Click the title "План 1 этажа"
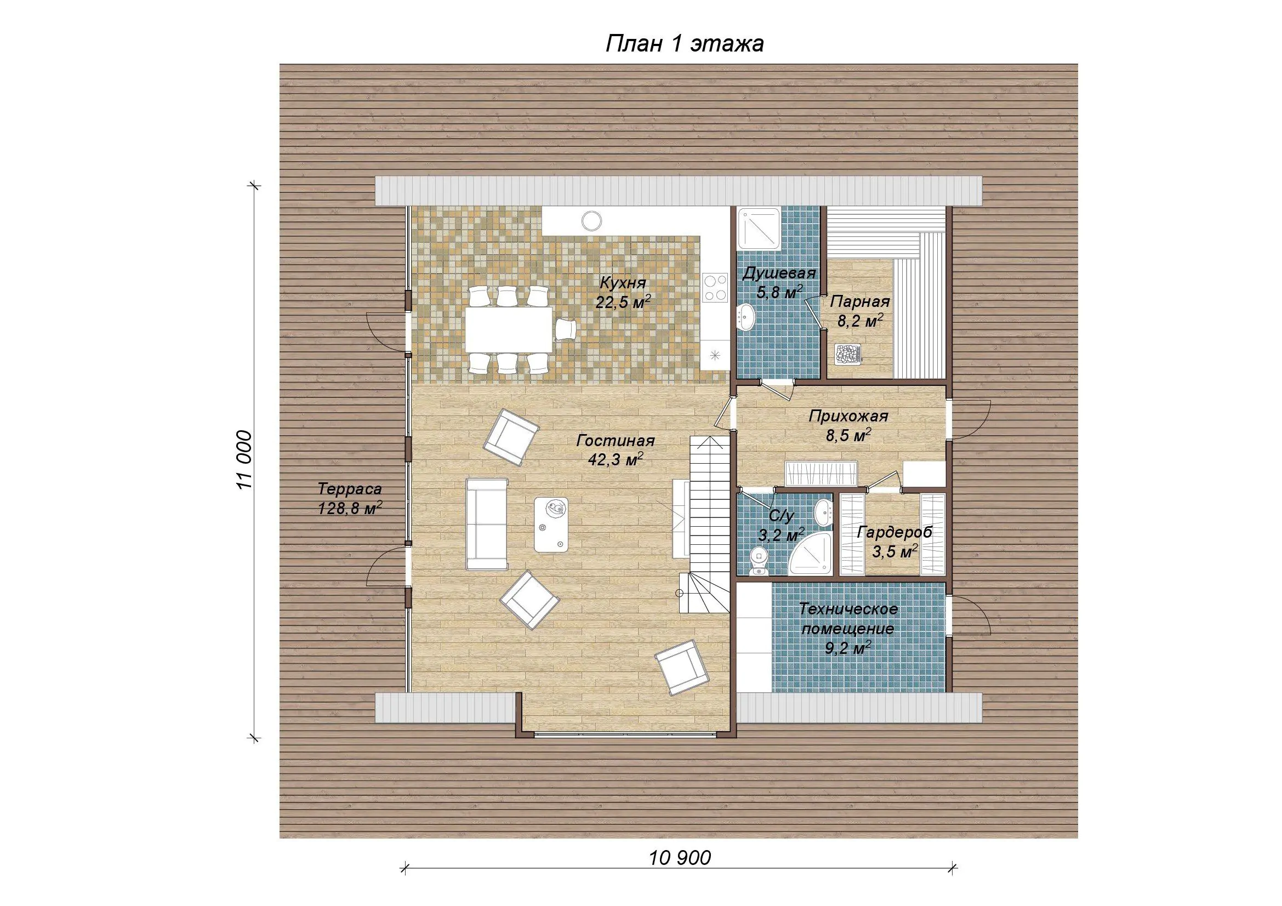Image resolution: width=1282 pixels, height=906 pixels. pos(685,43)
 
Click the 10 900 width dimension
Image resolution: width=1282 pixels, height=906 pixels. pos(680,857)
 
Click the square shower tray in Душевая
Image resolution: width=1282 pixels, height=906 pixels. pos(758,230)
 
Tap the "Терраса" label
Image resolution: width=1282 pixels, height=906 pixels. pos(350,489)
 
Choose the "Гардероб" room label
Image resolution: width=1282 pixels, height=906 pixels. pos(894,532)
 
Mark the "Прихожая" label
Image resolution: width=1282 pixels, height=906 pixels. pos(848,417)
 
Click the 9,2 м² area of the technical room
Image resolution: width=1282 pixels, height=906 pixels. pos(848,648)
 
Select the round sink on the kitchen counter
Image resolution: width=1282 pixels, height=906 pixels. pos(591,220)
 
